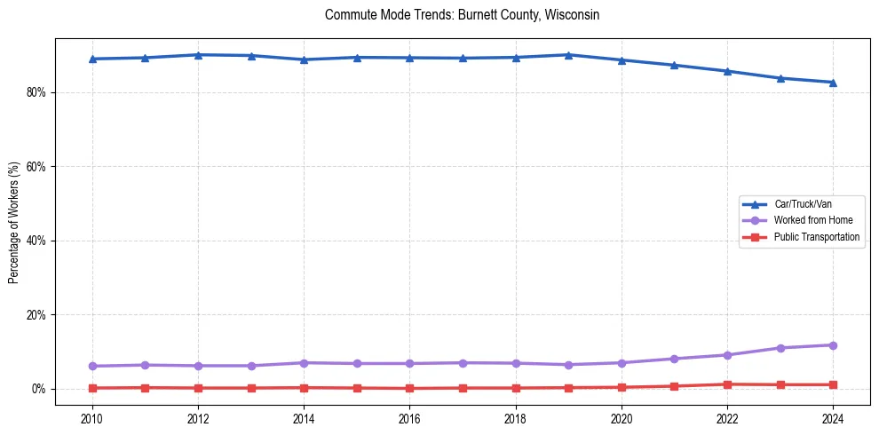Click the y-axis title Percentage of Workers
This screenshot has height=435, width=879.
[x=13, y=222]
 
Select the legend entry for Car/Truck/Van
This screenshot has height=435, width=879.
[x=803, y=204]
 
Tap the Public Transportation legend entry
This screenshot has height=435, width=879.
[x=816, y=237]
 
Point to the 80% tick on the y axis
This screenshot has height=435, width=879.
[x=36, y=92]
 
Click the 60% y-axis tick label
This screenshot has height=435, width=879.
[x=36, y=167]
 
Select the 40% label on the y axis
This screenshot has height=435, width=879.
[x=36, y=241]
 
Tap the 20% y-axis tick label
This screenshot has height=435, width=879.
[x=36, y=315]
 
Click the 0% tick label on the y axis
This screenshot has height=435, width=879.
[x=38, y=389]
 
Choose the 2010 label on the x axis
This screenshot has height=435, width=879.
[x=92, y=418]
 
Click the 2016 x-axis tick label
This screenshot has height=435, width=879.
[x=409, y=418]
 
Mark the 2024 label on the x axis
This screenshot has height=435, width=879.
[x=833, y=418]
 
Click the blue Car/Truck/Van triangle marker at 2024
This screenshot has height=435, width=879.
[x=833, y=83]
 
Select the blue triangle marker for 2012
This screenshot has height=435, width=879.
[x=198, y=55]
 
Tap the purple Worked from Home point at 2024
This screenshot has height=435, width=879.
[x=833, y=345]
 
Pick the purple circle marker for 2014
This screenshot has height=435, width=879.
[x=304, y=363]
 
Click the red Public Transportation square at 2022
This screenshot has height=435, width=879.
[x=727, y=384]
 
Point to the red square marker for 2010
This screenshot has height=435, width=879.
[x=92, y=388]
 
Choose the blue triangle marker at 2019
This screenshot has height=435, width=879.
[x=568, y=55]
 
